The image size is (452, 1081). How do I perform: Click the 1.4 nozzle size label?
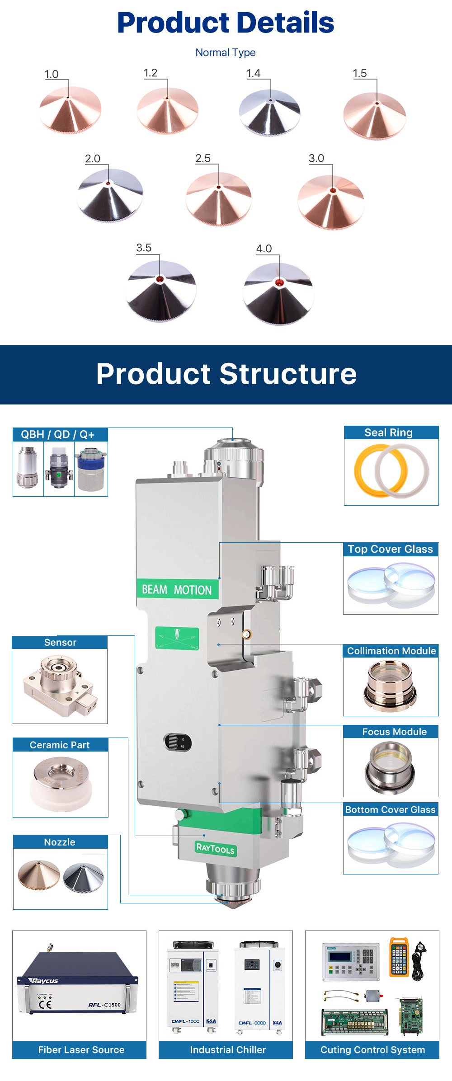coord(254,73)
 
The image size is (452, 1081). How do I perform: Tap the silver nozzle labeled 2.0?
coord(110,194)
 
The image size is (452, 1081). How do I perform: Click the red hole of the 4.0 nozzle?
coord(279,283)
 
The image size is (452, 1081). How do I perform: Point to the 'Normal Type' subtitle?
coord(226,52)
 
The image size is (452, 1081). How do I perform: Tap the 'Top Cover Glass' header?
coord(391,549)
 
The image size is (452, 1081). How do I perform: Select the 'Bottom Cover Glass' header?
coord(391,809)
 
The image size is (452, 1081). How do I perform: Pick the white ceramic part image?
coord(60,784)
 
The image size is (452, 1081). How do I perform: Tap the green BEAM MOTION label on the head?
coord(177,590)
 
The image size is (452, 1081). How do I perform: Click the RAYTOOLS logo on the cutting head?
coord(215,849)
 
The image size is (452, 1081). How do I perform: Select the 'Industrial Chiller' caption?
coord(228,1050)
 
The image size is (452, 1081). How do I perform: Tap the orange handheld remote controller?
coord(399,956)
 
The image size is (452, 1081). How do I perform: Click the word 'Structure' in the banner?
coord(288,374)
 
